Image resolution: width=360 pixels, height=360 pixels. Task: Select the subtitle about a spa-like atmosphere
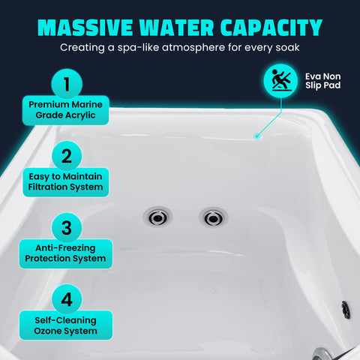pos(179,47)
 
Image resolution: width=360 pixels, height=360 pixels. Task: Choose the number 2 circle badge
pos(67,156)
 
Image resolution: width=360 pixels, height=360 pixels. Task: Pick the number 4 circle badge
pos(67,300)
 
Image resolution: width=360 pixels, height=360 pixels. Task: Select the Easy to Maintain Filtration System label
pos(67,181)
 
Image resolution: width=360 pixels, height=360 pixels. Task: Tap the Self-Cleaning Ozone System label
pos(67,325)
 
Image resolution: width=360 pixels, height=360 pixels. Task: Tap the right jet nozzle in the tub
pos(211,217)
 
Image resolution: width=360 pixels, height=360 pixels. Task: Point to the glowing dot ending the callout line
pos(256,136)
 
